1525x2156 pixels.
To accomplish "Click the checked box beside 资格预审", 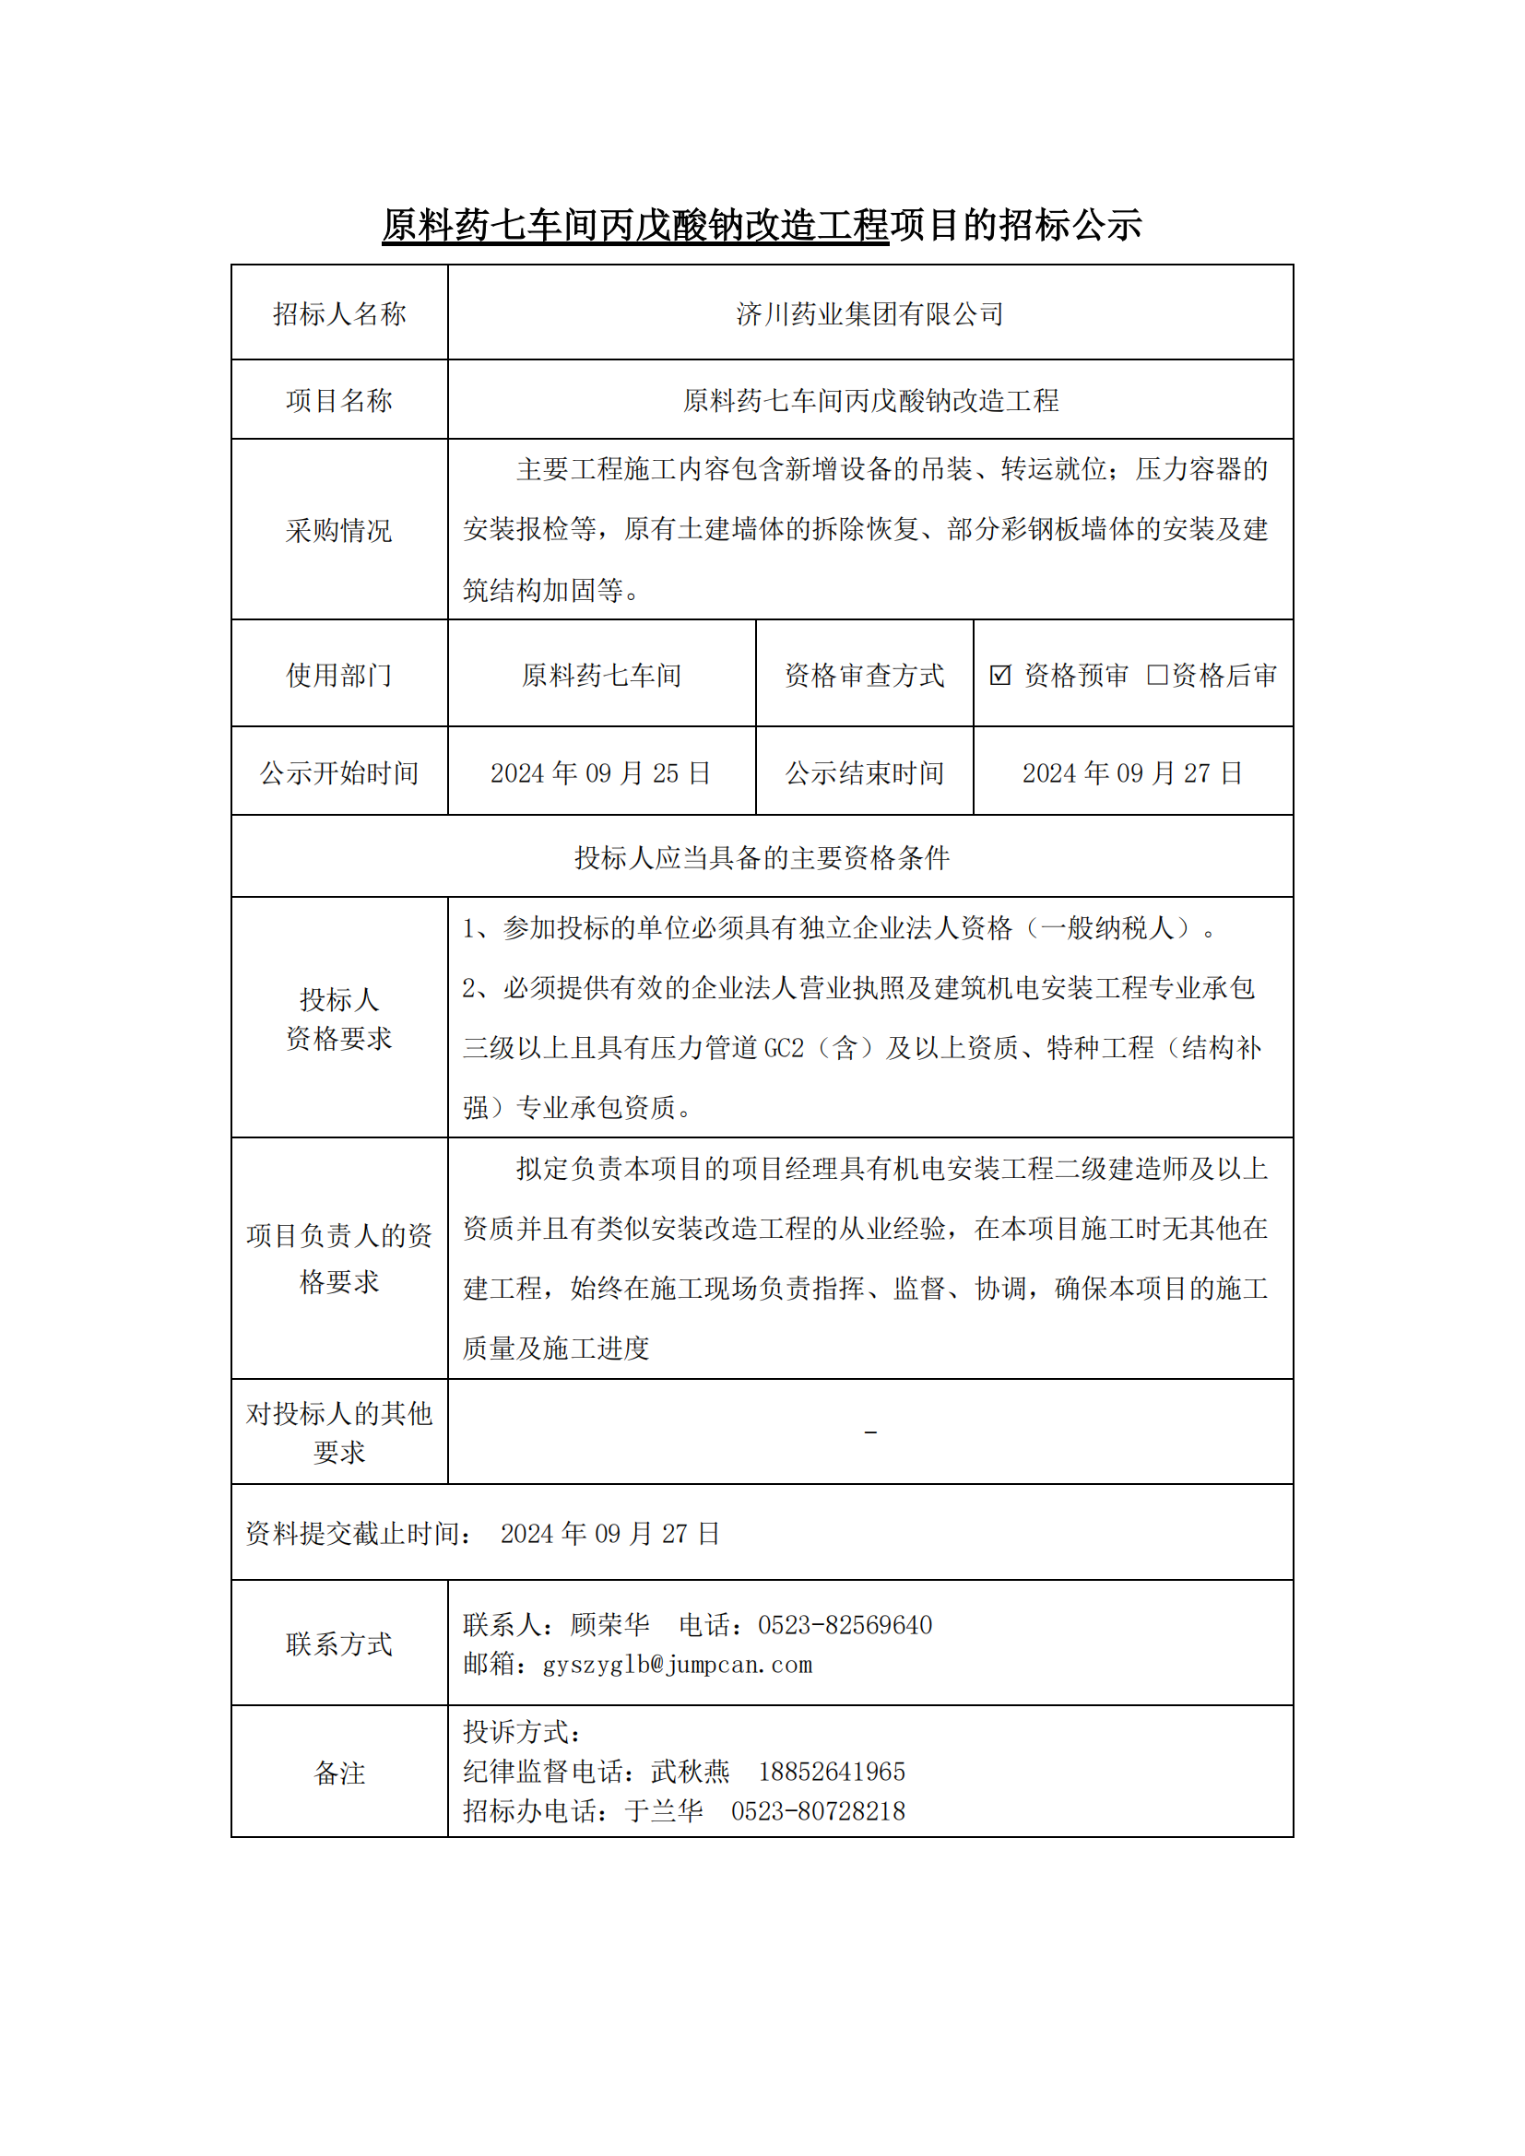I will coord(1000,674).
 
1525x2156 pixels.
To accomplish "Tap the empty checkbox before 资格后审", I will coord(1157,674).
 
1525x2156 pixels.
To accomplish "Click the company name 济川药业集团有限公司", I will coord(869,313).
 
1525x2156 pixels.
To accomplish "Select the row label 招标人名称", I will coord(339,313).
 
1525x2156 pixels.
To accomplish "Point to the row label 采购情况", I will coord(339,531).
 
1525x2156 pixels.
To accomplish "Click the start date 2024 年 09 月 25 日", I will coord(601,772).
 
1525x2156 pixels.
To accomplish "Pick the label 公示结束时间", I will coord(864,772).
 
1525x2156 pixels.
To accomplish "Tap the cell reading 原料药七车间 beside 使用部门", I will coord(601,675).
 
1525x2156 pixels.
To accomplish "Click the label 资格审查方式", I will coord(864,675).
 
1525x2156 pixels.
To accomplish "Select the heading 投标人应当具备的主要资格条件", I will coord(762,857).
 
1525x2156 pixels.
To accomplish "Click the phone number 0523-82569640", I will coord(845,1625).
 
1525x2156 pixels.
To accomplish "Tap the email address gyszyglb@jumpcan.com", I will coord(677,1665).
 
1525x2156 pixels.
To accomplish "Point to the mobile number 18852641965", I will coord(831,1772).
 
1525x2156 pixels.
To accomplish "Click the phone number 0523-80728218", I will coord(818,1811).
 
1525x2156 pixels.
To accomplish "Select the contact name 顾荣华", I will coord(609,1625).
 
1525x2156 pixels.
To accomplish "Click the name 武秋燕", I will coord(691,1772).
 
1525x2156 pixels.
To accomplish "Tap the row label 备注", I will coord(339,1773).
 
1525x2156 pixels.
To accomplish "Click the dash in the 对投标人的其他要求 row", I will coord(870,1433).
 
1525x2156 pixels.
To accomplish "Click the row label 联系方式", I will coord(339,1644).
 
